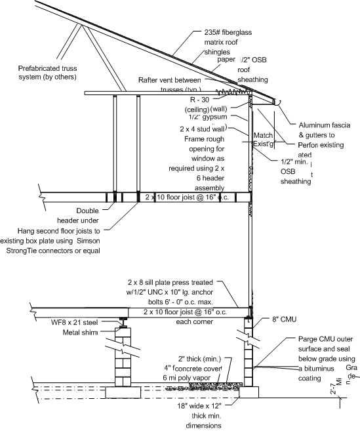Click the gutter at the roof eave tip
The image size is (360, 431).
pyautogui.click(x=276, y=102)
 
